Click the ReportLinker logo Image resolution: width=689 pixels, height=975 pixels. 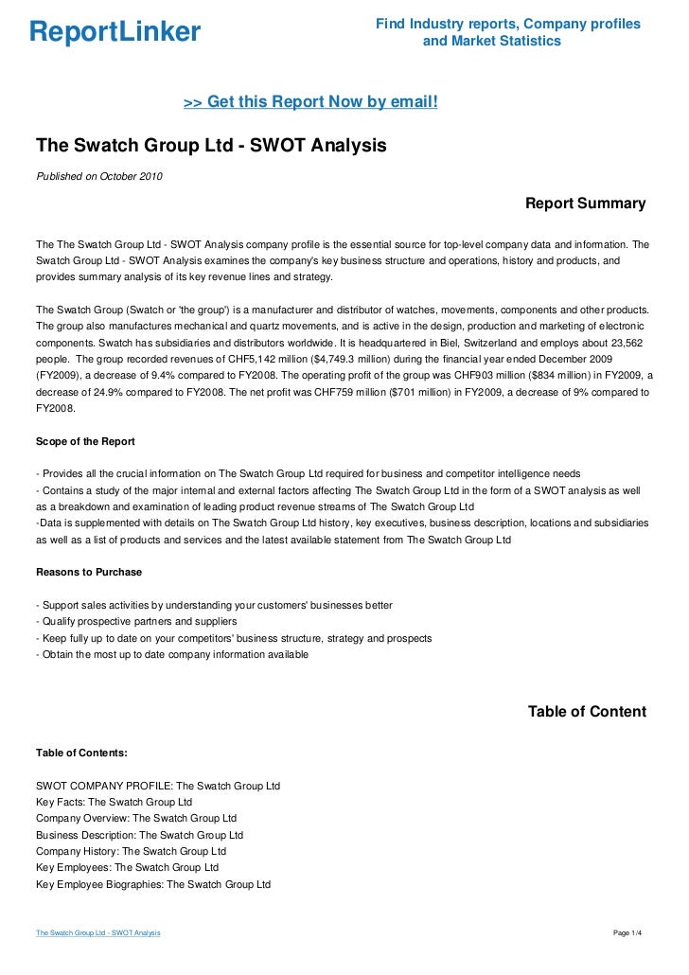coord(115,33)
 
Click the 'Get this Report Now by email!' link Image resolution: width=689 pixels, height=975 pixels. coord(310,100)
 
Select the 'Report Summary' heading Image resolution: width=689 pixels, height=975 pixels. coord(585,204)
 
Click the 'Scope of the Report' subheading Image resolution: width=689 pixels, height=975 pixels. coord(85,441)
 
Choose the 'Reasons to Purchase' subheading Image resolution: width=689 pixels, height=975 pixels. coord(89,572)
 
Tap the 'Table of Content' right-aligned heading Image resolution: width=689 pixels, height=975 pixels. coord(587,712)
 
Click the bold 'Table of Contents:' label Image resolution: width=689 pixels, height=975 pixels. coord(81,753)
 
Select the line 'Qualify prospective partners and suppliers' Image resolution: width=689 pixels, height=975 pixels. coord(136,621)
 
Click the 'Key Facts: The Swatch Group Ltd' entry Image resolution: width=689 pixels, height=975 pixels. coord(115,802)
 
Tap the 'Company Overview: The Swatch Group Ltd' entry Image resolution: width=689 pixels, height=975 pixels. coord(136,818)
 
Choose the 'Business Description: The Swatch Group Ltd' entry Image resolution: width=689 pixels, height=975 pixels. coord(140,835)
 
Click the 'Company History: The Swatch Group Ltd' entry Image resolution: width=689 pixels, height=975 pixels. coord(132,851)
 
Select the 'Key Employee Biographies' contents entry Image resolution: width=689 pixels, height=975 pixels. coord(153,884)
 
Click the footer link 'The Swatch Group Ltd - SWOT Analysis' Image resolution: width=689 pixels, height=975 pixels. coord(97,933)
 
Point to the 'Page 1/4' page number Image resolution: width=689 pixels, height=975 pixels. coord(628,933)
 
